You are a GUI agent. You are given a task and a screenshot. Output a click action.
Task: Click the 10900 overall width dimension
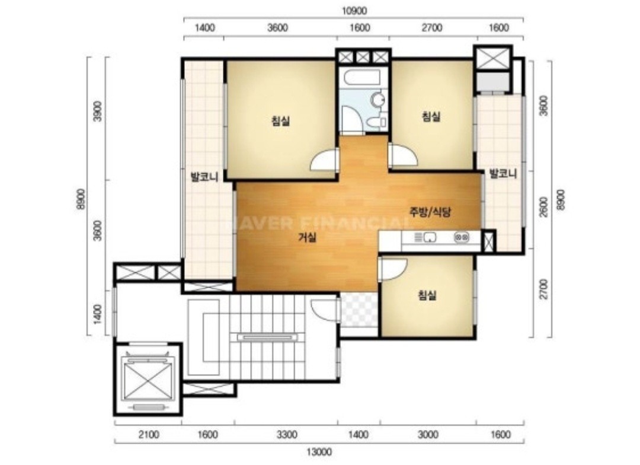(354, 11)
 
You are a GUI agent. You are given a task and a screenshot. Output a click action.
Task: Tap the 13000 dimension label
(319, 452)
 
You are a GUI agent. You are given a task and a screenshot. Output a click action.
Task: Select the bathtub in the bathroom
(361, 77)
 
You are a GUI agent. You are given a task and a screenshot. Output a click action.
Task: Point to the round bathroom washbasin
(378, 99)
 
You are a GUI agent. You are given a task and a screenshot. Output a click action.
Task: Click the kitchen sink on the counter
(425, 237)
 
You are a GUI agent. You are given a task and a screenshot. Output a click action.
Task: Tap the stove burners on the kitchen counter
(461, 237)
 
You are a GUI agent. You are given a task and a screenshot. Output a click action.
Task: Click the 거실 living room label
(307, 237)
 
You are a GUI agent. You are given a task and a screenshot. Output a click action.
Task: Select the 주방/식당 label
(430, 212)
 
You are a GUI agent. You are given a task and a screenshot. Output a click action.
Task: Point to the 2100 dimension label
(148, 434)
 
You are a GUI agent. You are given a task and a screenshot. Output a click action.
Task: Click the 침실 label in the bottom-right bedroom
(427, 295)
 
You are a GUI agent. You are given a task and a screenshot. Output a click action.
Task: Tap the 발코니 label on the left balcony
(204, 177)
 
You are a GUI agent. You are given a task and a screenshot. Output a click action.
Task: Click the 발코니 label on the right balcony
(503, 174)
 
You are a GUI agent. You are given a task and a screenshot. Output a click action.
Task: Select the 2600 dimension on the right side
(543, 207)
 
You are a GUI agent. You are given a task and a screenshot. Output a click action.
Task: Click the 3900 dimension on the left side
(98, 111)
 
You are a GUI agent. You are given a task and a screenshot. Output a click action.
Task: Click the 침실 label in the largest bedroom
(280, 121)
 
